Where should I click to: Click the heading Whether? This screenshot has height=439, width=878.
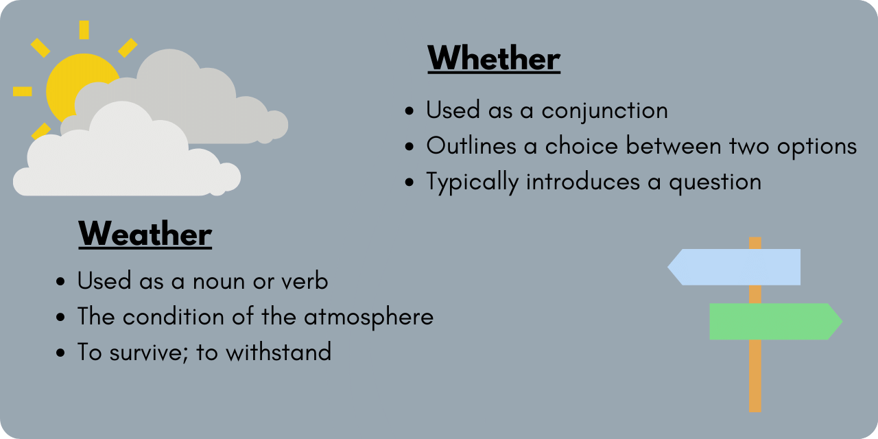pyautogui.click(x=494, y=59)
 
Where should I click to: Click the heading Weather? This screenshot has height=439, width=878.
pyautogui.click(x=145, y=235)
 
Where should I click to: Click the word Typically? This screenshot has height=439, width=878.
pyautogui.click(x=471, y=182)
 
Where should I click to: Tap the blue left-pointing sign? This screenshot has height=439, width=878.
pyautogui.click(x=734, y=267)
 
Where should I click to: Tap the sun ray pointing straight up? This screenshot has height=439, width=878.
pyautogui.click(x=84, y=29)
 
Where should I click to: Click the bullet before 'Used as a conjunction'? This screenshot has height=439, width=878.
pyautogui.click(x=410, y=111)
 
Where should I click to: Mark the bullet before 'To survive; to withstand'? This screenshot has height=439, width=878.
pyautogui.click(x=61, y=353)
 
